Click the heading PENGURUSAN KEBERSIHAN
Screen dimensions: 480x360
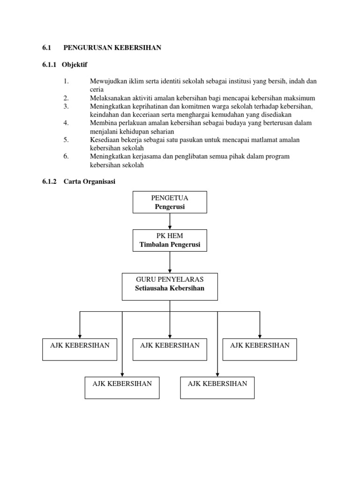click(x=112, y=48)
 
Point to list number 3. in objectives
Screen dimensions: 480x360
click(x=66, y=106)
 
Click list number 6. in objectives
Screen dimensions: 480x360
click(x=66, y=157)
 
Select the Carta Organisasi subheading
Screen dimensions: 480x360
click(x=88, y=182)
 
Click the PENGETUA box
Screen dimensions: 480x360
click(x=170, y=202)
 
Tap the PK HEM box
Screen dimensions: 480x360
click(x=170, y=240)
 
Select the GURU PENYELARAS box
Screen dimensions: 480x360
click(x=170, y=286)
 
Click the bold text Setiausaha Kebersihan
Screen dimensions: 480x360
click(x=170, y=288)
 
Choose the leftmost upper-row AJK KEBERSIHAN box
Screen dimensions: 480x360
click(x=80, y=349)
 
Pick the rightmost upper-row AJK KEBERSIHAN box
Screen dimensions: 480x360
click(x=260, y=349)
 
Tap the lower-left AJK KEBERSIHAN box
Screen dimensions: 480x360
click(x=122, y=387)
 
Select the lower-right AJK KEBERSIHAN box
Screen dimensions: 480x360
click(x=217, y=387)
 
